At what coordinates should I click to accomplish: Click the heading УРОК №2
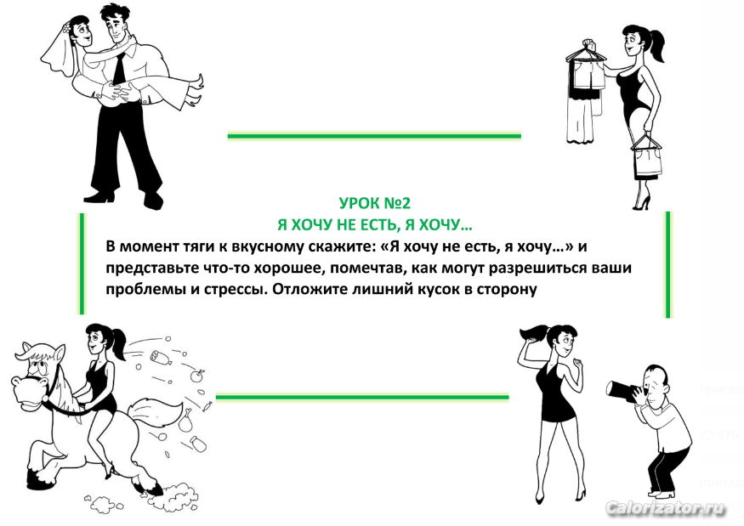click(375, 203)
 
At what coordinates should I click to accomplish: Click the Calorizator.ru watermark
click(666, 509)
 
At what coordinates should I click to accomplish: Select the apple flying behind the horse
click(197, 376)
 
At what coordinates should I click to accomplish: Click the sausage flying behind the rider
click(161, 358)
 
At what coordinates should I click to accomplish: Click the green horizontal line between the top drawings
click(374, 136)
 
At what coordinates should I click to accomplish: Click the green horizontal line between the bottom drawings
click(362, 397)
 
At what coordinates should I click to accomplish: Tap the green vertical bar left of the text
click(82, 263)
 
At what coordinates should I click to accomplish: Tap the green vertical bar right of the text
click(668, 264)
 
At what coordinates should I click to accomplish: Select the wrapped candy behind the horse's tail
click(207, 406)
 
